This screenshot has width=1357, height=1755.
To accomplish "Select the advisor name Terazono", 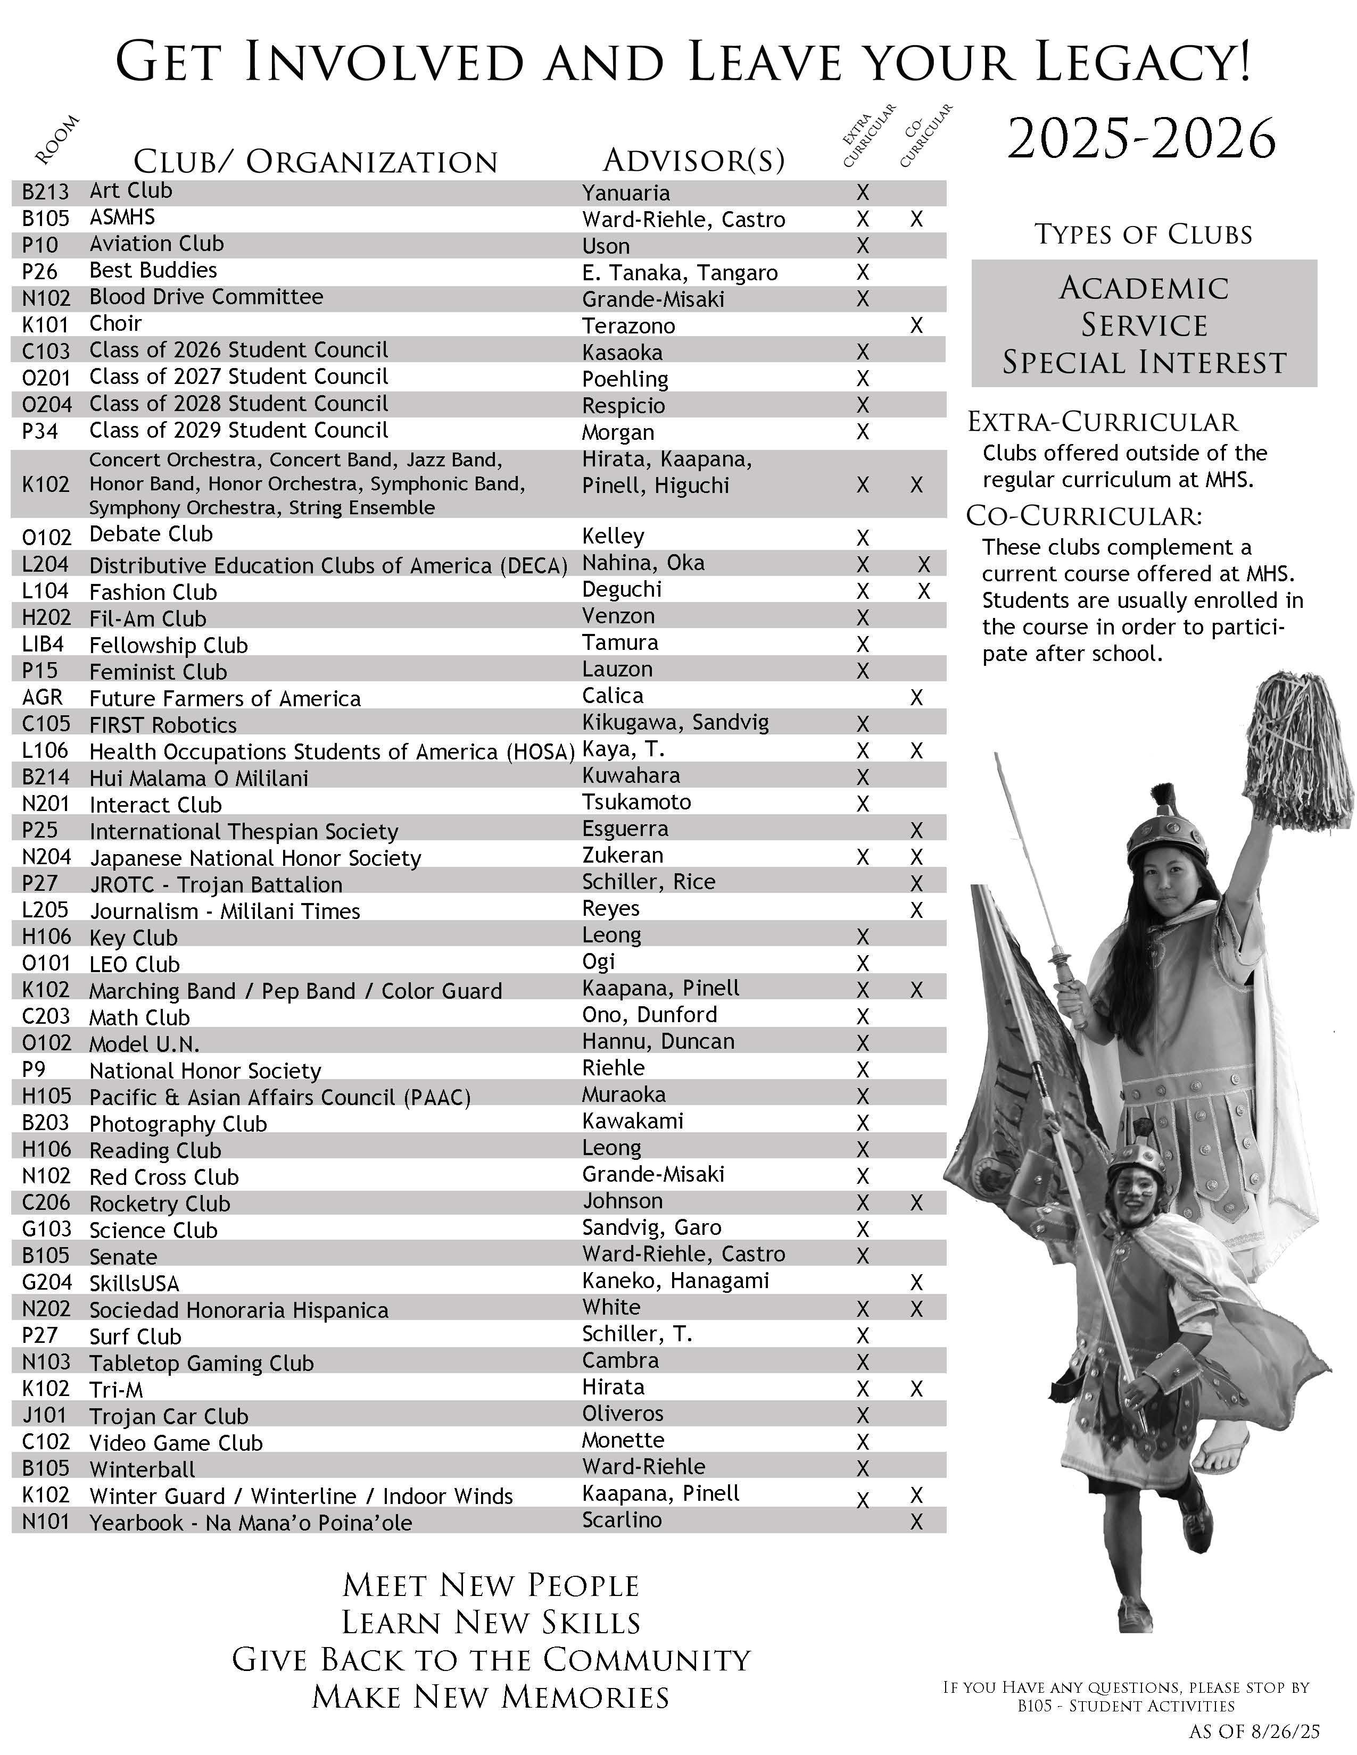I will tap(628, 325).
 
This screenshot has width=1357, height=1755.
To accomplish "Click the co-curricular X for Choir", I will tap(916, 325).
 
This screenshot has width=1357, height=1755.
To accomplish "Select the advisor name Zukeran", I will tap(622, 855).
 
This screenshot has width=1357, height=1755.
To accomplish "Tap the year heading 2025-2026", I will tap(1141, 139).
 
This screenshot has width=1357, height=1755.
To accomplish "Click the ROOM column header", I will tap(58, 140).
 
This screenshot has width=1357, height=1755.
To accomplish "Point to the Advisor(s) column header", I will tap(693, 161).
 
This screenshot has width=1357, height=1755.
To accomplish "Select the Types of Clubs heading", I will tap(1143, 235).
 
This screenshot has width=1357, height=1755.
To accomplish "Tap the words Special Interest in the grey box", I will tap(1144, 362).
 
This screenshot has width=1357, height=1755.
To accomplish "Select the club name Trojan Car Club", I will tap(168, 1416).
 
